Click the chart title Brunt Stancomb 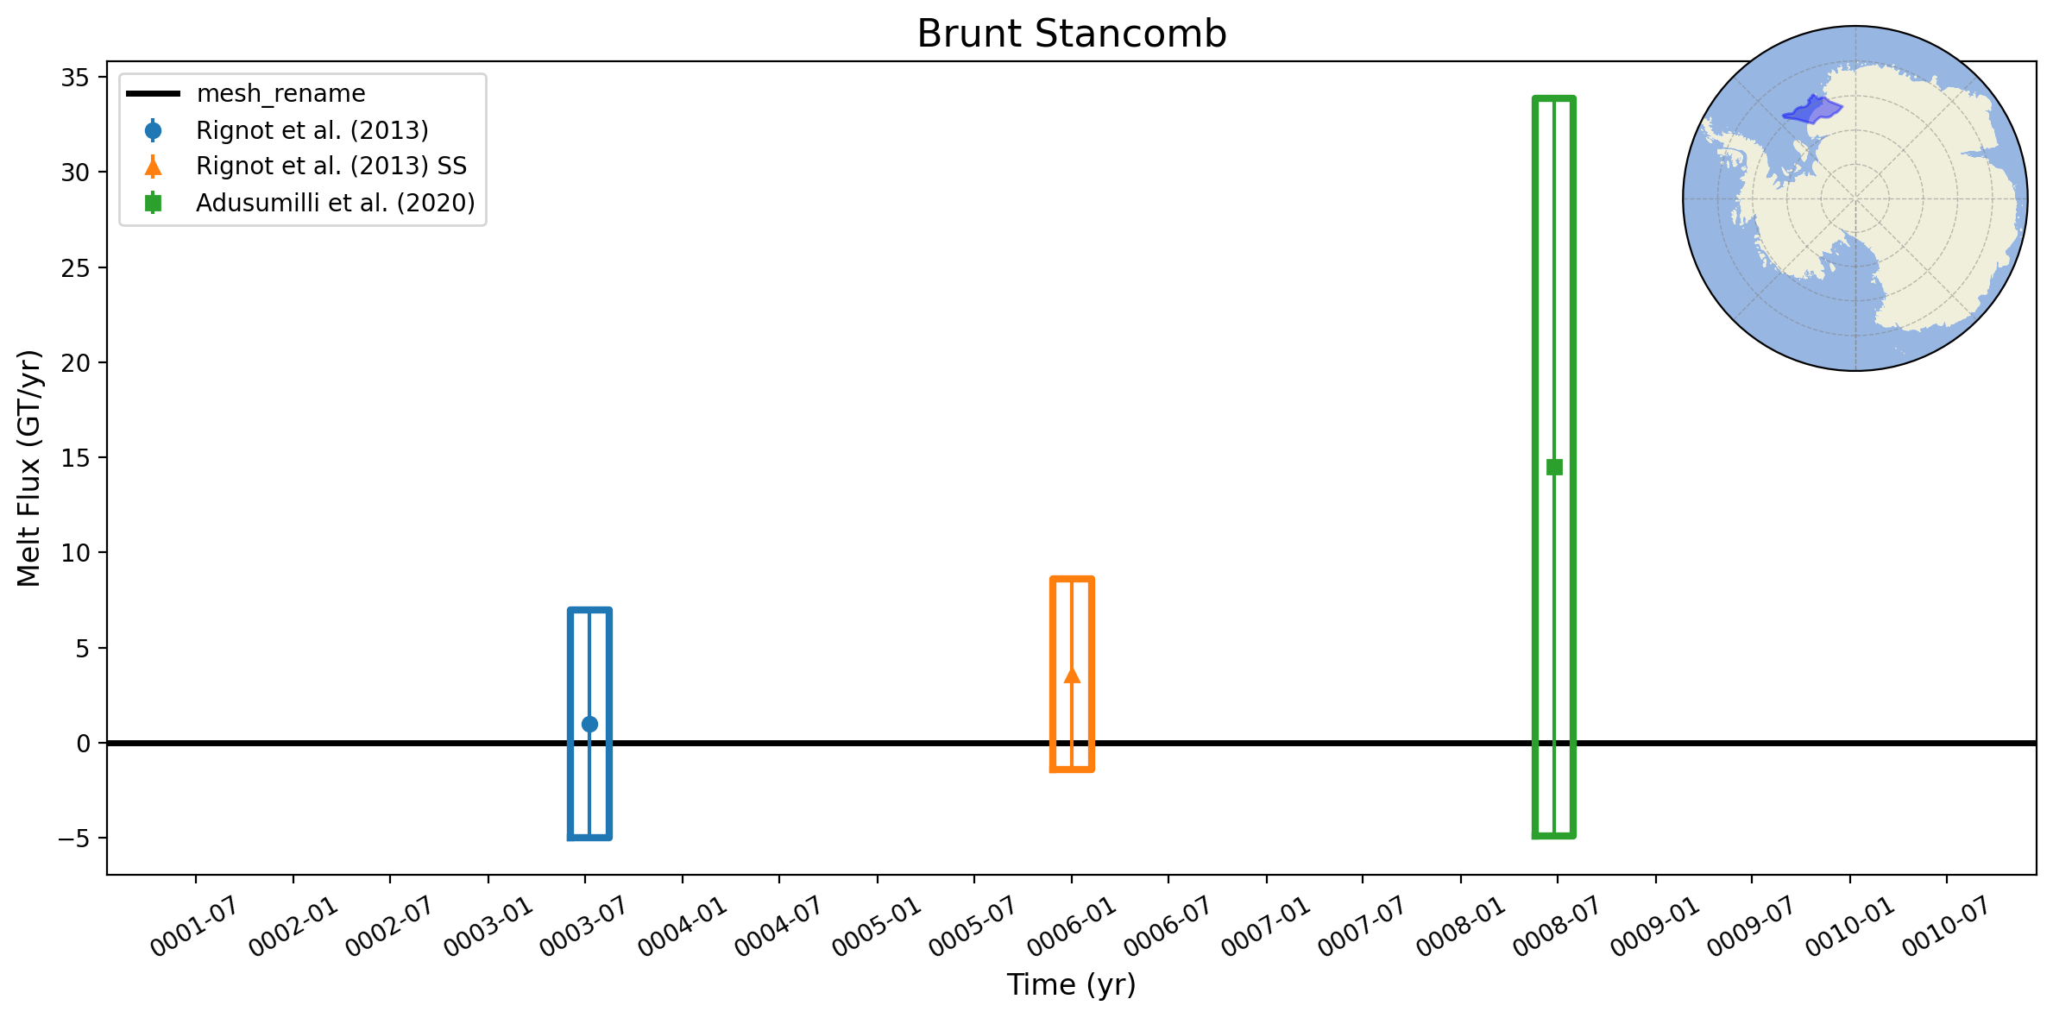(x=1071, y=34)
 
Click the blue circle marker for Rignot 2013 (x=589, y=724)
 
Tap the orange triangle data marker (x=1072, y=675)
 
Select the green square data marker (x=1554, y=467)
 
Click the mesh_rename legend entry (x=281, y=93)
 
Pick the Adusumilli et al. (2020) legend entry (x=336, y=203)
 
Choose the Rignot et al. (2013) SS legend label (x=331, y=166)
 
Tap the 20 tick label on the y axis (x=75, y=362)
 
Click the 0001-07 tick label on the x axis (x=193, y=927)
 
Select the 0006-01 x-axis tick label (x=1070, y=927)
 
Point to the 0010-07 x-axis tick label (x=1945, y=927)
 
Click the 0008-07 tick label (x=1556, y=927)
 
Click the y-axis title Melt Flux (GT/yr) (x=29, y=468)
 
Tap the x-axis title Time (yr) (x=1071, y=984)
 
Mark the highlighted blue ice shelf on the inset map (x=1811, y=110)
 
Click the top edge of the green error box (x=1554, y=98)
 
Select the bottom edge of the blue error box (x=589, y=837)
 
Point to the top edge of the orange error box (x=1072, y=579)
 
